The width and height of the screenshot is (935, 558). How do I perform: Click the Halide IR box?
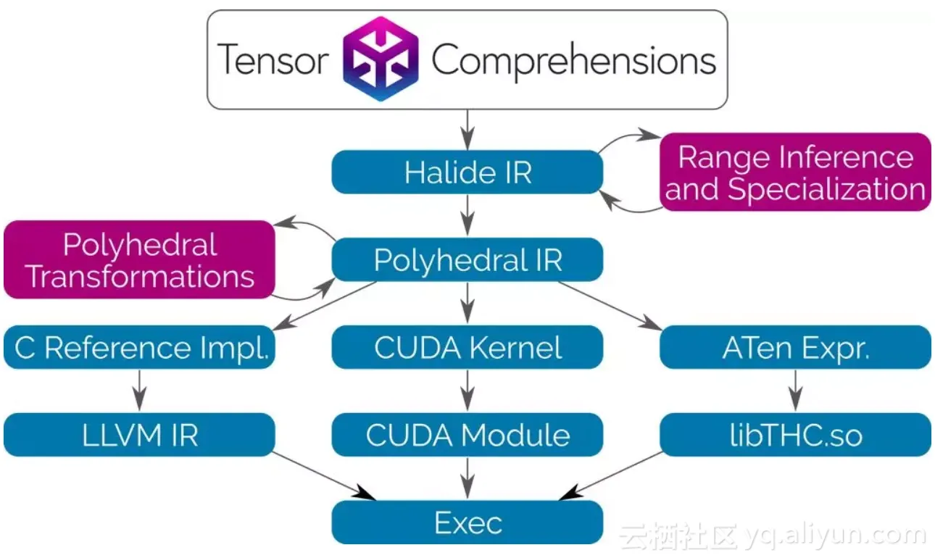click(x=467, y=172)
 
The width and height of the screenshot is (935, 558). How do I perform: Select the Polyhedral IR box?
click(x=467, y=259)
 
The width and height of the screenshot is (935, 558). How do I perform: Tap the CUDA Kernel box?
click(x=467, y=347)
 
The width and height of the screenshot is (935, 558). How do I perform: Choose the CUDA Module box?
click(x=467, y=435)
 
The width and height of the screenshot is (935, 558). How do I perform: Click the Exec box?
click(x=467, y=522)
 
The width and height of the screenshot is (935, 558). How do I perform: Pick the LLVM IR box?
click(x=139, y=435)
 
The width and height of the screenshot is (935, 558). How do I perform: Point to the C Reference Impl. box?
click(x=139, y=347)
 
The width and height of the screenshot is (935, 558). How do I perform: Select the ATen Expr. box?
click(x=795, y=347)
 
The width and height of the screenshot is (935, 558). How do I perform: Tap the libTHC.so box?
click(x=795, y=435)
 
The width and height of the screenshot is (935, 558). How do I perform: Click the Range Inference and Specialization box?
click(x=795, y=172)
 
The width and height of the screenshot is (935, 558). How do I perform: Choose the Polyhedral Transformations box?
click(x=139, y=259)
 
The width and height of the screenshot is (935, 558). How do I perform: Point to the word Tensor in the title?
click(x=273, y=59)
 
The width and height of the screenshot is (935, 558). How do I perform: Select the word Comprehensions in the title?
click(x=573, y=59)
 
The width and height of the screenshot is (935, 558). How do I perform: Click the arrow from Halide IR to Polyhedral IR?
click(x=467, y=215)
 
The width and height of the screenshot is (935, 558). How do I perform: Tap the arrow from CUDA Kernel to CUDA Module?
click(x=467, y=391)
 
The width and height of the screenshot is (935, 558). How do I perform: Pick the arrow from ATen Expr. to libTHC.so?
click(x=795, y=391)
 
